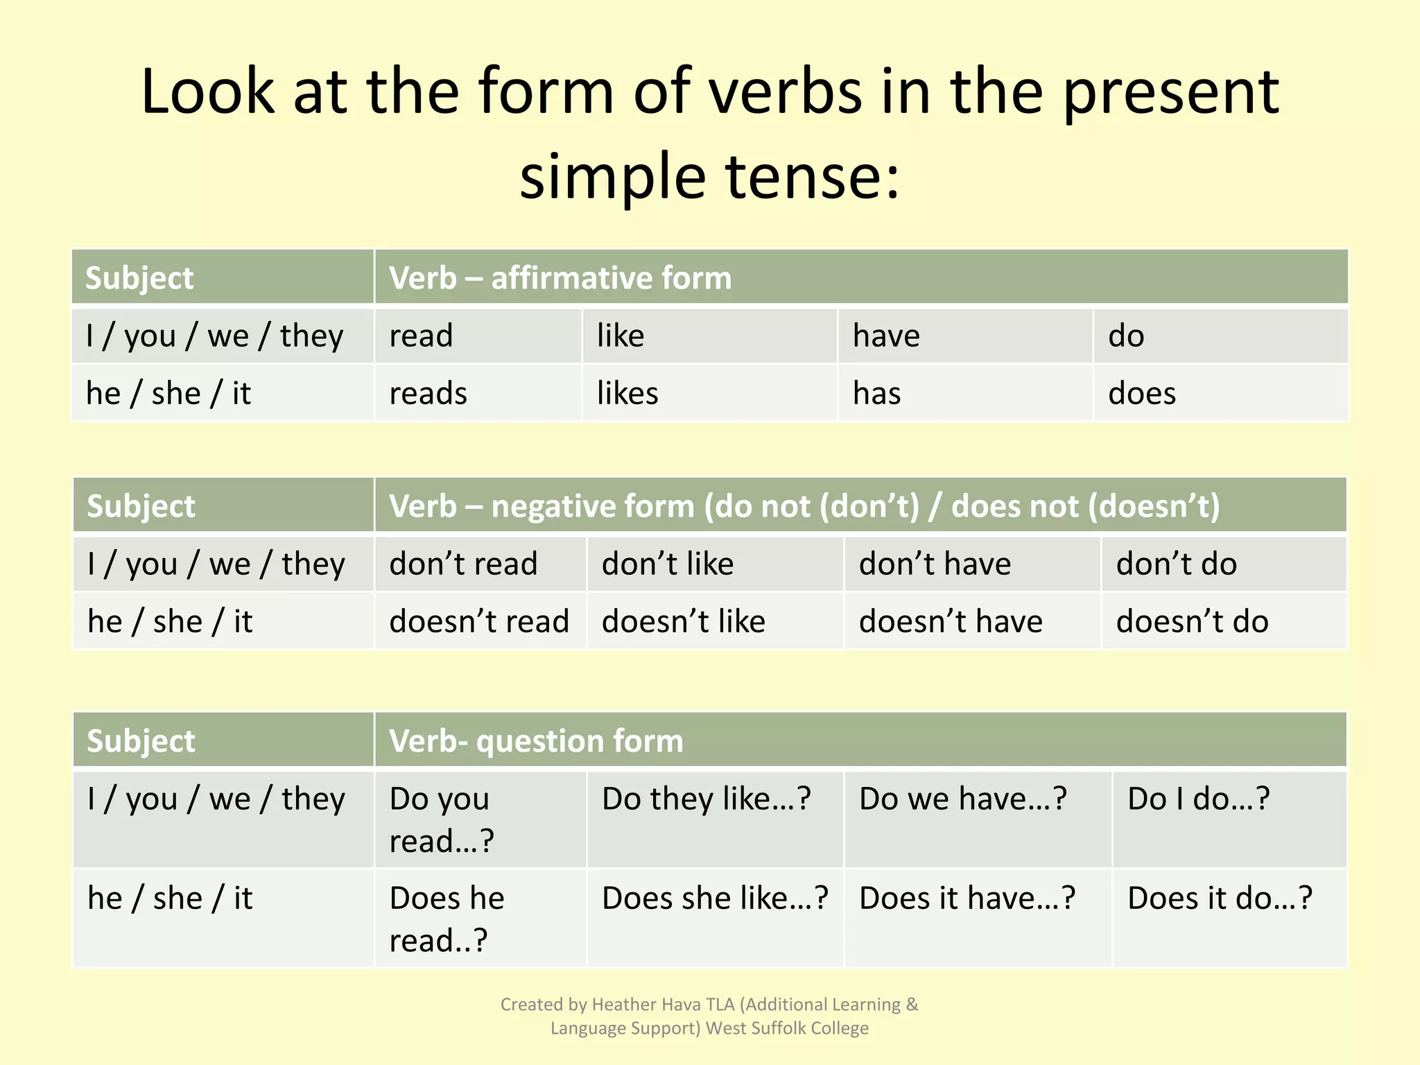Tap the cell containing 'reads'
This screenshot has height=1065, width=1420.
pos(428,394)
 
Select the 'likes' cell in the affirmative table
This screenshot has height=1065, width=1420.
pos(627,394)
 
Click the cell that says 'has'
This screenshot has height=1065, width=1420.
pos(877,394)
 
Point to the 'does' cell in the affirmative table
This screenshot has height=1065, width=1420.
pos(1142,394)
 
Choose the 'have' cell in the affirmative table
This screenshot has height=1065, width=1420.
pos(886,336)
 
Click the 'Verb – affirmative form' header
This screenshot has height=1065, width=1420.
pos(560,278)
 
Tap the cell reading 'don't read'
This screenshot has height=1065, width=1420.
pos(463,564)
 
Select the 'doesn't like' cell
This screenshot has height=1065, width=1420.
pos(684,621)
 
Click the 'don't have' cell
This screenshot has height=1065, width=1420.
pos(935,564)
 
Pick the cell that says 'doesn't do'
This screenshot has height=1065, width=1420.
pos(1192,621)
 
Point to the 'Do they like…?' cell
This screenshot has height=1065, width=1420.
pos(706,799)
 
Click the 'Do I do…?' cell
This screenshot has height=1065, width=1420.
pos(1198,799)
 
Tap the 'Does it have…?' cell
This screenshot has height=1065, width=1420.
pos(967,899)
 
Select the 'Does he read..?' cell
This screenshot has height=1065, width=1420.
pos(447,919)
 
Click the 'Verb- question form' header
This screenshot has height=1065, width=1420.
pos(536,741)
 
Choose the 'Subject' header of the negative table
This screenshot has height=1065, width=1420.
pos(141,506)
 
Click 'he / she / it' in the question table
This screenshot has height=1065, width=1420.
pos(170,899)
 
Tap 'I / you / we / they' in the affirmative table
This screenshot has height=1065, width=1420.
pos(214,336)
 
